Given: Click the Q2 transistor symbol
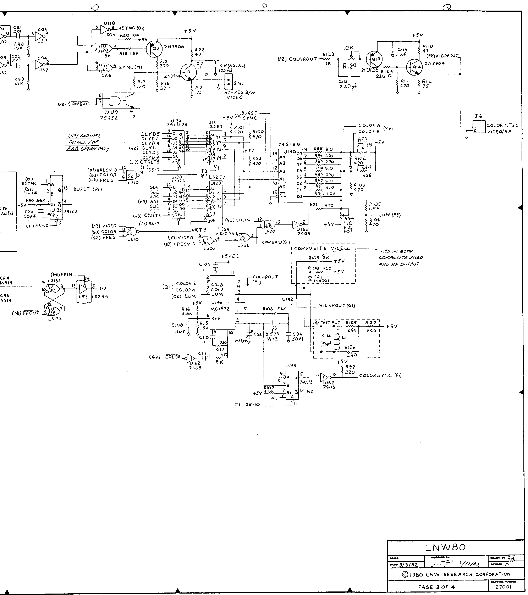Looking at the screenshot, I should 153,48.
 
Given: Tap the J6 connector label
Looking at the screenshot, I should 478,116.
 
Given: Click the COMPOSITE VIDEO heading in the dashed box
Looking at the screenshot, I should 321,248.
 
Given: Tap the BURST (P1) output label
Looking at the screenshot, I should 87,189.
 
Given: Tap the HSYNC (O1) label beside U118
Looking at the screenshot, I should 131,28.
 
